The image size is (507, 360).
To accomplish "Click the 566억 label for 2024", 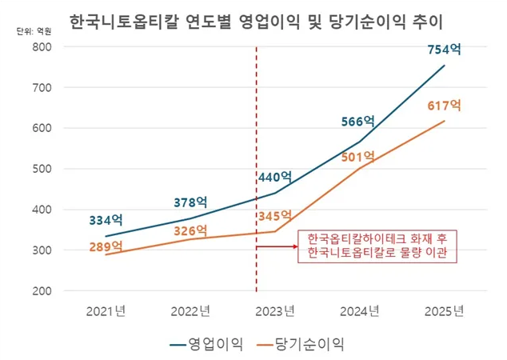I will coord(357,122).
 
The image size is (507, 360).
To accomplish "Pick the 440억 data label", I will coord(274,177).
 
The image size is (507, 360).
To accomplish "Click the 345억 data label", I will coord(274,217).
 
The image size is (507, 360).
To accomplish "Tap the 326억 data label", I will coord(191,231).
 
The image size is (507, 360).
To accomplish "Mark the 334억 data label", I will coord(106,218).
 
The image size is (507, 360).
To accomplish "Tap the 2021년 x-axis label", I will coord(106,310).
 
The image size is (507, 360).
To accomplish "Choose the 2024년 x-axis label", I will coord(359,310).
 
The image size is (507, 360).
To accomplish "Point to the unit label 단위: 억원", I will coord(33,31).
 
